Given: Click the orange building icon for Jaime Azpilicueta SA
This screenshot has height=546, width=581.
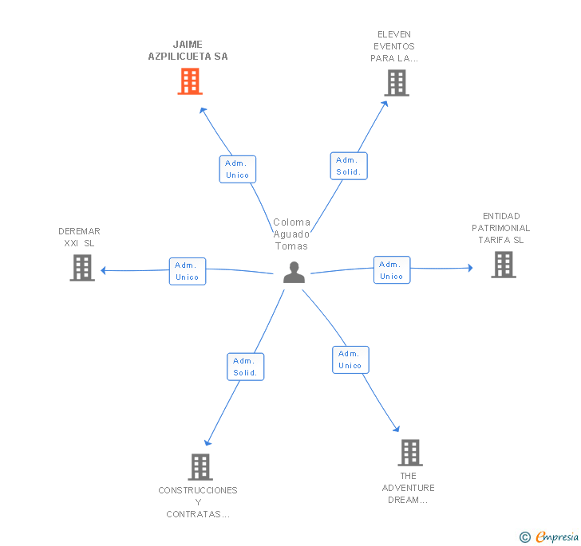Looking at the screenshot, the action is (190, 81).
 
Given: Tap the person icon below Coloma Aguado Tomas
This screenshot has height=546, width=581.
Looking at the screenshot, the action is (294, 273).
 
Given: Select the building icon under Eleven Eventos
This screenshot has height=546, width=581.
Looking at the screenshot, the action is (397, 83).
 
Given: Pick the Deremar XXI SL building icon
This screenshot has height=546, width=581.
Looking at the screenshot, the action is (82, 268).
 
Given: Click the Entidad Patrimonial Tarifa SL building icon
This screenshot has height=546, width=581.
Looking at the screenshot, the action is (504, 265).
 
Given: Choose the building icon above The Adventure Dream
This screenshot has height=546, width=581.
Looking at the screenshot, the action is (410, 453).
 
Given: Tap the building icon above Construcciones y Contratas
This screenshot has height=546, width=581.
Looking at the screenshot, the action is (200, 467).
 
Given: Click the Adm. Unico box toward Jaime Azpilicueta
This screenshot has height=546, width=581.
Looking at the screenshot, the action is (238, 169).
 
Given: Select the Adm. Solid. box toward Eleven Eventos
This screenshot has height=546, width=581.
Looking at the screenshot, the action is (349, 166).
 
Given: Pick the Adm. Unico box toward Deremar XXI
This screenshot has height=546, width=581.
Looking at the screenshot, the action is (188, 271).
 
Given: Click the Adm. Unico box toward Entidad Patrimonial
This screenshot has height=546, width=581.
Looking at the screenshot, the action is (392, 270).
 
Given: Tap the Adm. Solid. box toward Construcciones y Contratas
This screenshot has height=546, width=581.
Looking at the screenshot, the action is (245, 367).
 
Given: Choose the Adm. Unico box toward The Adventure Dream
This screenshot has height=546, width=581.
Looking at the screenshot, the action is (350, 359).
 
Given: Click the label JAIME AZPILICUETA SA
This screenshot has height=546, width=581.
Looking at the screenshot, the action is (188, 50).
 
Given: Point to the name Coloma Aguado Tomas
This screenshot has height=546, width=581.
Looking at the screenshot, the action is (291, 234).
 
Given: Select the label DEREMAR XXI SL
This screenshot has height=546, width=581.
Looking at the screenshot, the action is (79, 238).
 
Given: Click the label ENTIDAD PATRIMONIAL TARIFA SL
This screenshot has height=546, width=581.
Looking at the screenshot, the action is (501, 228).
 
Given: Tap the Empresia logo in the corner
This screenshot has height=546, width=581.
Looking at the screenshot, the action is (550, 536).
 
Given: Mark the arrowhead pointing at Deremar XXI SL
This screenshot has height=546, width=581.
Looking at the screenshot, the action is (104, 270).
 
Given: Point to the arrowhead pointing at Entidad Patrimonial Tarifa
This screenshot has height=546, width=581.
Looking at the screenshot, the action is (470, 268).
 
